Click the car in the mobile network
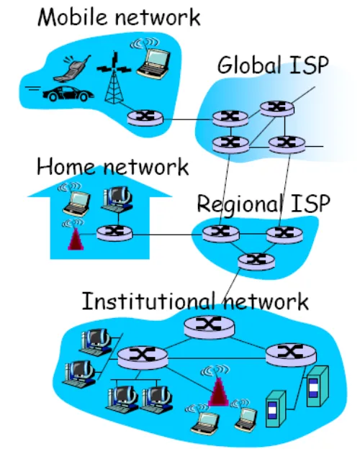(68, 94)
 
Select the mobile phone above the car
(72, 68)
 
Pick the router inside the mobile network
(145, 118)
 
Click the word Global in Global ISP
(249, 65)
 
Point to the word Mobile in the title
(73, 17)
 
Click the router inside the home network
(114, 233)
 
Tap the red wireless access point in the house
(76, 239)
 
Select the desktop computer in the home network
(117, 198)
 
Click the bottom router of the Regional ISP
(256, 261)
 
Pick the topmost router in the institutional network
(209, 327)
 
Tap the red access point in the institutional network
(219, 391)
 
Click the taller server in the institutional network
(318, 386)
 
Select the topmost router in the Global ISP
(276, 108)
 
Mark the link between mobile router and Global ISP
(188, 119)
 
